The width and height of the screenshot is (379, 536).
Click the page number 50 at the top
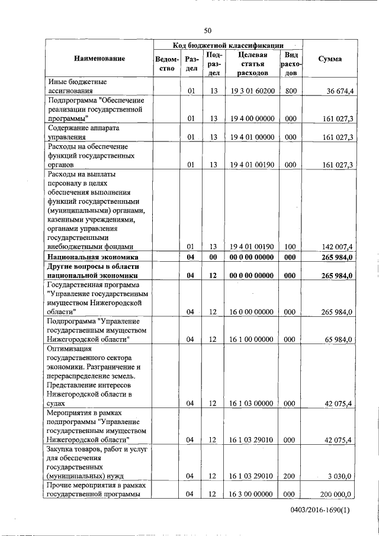208,31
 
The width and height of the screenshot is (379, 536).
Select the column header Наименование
99,59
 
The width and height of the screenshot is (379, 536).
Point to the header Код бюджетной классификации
228,45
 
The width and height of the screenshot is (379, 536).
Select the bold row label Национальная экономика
93,258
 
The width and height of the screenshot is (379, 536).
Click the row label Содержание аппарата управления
83,132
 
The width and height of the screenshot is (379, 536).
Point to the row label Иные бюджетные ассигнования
78,86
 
